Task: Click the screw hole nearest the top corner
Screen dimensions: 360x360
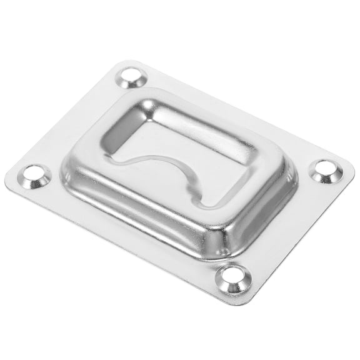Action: pyautogui.click(x=132, y=77)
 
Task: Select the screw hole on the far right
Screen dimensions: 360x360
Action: pyautogui.click(x=326, y=171)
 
